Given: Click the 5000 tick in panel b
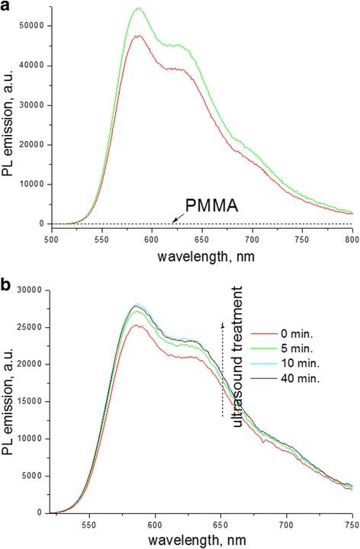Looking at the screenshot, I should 32,474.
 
